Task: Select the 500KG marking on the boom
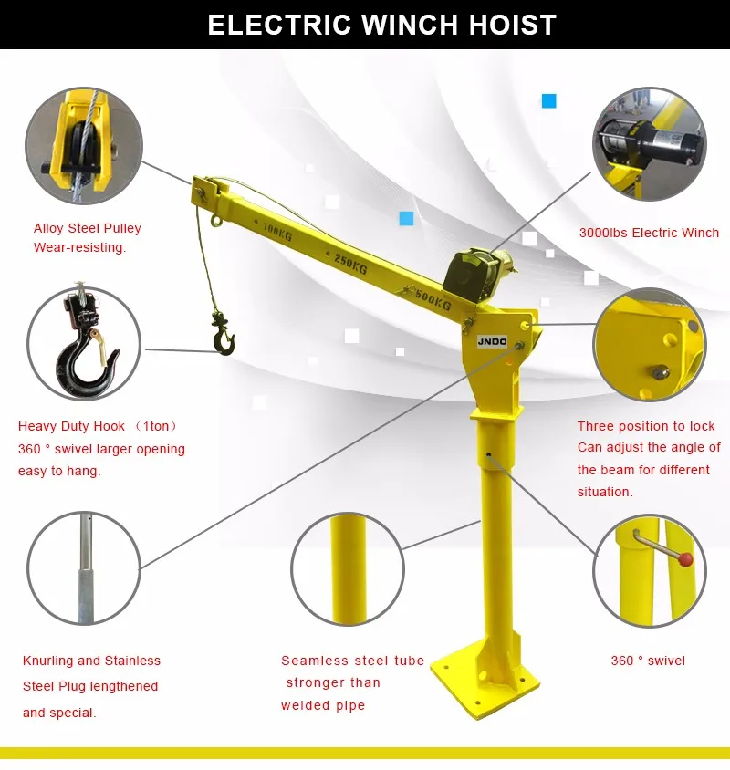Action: point(431,298)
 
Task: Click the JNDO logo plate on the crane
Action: point(491,341)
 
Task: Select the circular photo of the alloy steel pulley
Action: point(83,146)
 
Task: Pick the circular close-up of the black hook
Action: point(83,343)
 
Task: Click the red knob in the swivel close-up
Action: point(685,558)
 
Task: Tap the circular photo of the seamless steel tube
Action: point(348,567)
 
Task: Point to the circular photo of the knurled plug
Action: point(83,567)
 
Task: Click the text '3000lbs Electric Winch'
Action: point(649,233)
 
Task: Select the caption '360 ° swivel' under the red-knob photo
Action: point(648,661)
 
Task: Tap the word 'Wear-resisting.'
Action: point(80,247)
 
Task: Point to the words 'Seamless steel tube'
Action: point(352,661)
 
